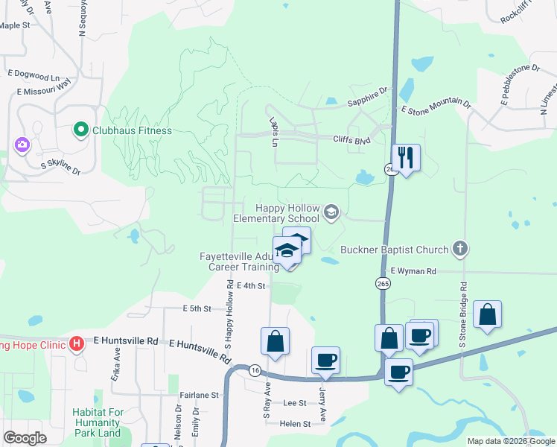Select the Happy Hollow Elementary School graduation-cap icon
(x=331, y=214)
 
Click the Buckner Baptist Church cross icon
(x=460, y=250)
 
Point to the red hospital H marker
(x=76, y=343)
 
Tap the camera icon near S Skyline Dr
(x=22, y=144)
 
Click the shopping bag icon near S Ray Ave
(x=275, y=341)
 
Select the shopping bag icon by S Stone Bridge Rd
(x=487, y=315)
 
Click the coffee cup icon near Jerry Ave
(x=325, y=361)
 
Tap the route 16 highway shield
(x=255, y=370)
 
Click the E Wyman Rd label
(x=412, y=271)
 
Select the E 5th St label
(x=197, y=308)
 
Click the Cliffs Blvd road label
(x=351, y=140)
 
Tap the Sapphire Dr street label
(x=368, y=92)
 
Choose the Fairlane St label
(x=199, y=395)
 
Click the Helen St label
(x=295, y=424)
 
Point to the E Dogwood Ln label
(x=34, y=76)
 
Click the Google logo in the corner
(x=25, y=437)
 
